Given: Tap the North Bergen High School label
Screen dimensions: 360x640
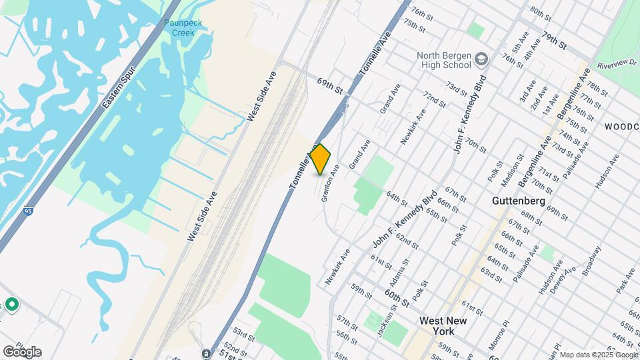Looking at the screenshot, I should [x=443, y=61].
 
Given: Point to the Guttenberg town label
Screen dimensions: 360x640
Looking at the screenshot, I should [x=519, y=200].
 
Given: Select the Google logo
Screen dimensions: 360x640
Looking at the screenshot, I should [x=22, y=351].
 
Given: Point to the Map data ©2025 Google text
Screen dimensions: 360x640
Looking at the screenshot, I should [x=597, y=355].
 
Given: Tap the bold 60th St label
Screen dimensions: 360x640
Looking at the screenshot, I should [x=397, y=294].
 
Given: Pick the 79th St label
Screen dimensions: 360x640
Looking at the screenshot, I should [x=554, y=40].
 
